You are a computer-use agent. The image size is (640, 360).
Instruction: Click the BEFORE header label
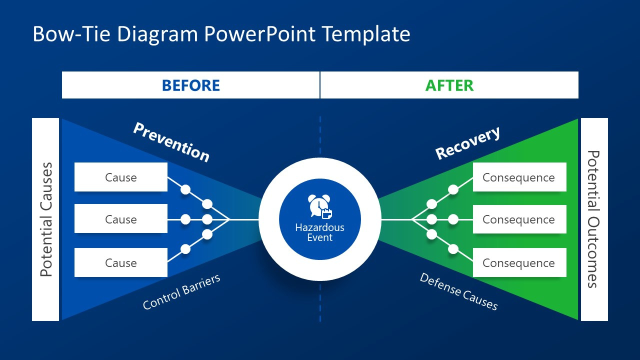(x=191, y=85)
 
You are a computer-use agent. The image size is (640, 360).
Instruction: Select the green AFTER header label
(x=449, y=85)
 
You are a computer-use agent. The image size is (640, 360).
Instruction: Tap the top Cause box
(x=121, y=177)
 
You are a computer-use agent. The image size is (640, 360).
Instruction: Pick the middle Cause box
(x=121, y=219)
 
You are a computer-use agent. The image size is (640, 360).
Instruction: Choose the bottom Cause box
(x=121, y=263)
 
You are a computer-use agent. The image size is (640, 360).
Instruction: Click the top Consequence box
(x=519, y=177)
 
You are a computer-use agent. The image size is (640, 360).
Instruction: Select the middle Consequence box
(x=519, y=219)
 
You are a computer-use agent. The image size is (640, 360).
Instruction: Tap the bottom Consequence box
(x=519, y=263)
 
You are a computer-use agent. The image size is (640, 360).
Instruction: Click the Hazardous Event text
(x=319, y=232)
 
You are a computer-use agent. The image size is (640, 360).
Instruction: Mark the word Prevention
(x=171, y=142)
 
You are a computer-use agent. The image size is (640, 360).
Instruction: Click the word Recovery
(x=467, y=143)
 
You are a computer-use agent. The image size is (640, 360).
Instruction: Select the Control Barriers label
(x=181, y=292)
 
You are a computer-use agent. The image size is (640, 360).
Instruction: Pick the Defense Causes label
(x=458, y=291)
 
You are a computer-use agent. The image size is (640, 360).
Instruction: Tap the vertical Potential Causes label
(x=46, y=219)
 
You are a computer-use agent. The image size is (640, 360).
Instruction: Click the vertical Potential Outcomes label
(x=593, y=219)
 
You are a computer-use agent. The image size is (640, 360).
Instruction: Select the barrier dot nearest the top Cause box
(x=185, y=189)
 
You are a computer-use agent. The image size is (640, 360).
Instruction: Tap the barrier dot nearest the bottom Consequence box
(x=453, y=249)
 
